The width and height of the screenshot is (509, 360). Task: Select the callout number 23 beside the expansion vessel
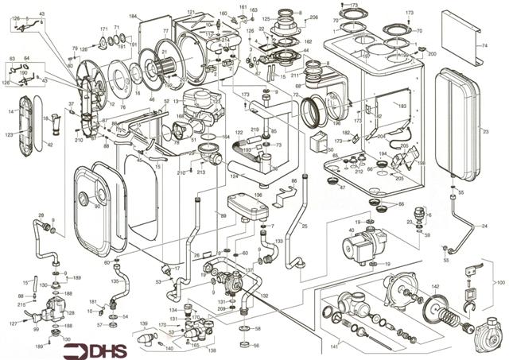click(485, 129)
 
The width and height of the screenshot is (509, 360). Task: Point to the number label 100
click(499, 282)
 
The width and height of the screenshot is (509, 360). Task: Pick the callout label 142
click(435, 285)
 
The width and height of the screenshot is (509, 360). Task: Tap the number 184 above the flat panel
click(133, 17)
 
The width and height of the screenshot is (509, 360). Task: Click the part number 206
click(313, 17)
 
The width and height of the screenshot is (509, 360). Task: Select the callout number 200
click(432, 52)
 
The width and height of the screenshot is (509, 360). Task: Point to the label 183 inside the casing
click(402, 106)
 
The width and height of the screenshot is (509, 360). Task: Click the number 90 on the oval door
click(97, 207)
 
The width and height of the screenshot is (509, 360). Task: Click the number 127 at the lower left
click(14, 323)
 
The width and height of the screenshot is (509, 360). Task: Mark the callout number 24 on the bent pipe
click(484, 226)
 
